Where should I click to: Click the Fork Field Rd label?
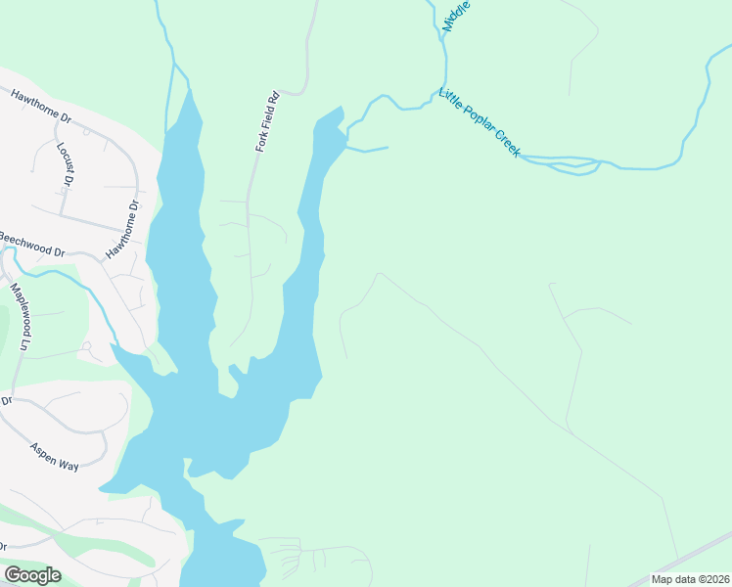268,122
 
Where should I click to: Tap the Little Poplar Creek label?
480,123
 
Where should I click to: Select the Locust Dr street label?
66,163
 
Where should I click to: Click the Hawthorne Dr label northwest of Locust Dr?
41,107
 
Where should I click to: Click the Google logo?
32,574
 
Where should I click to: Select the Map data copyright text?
690,579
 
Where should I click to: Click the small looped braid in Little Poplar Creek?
575,165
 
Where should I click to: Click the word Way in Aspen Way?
68,466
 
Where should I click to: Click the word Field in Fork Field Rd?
268,121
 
